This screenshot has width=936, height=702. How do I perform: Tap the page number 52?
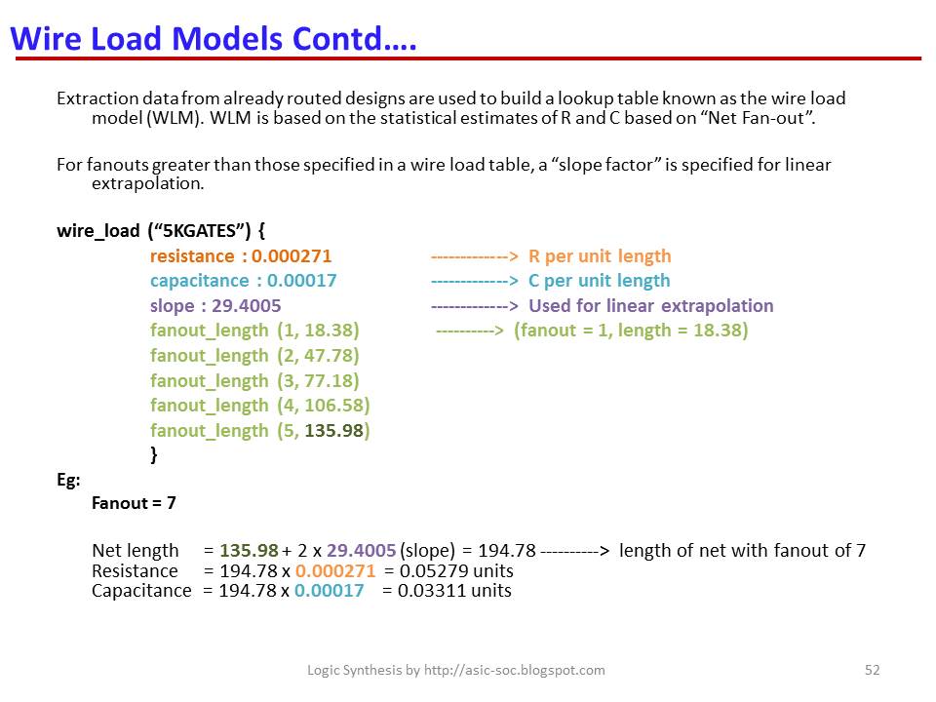pos(873,670)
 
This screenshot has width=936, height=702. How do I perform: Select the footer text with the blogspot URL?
pos(456,670)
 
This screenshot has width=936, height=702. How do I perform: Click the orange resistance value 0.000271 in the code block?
pos(292,256)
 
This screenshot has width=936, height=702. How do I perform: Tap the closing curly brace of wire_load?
pos(154,454)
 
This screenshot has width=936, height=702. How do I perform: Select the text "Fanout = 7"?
pos(134,504)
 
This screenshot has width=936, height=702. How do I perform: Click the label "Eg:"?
pos(68,480)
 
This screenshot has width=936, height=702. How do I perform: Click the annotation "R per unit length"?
pos(600,256)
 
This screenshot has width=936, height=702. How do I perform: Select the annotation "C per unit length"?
pos(600,281)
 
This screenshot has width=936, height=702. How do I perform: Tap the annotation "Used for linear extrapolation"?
pos(650,306)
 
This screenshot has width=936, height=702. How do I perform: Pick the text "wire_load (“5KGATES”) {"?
pos(161,232)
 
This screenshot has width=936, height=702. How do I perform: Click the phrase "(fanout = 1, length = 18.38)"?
pos(631,331)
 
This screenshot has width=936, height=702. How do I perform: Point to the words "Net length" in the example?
pos(136,551)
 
